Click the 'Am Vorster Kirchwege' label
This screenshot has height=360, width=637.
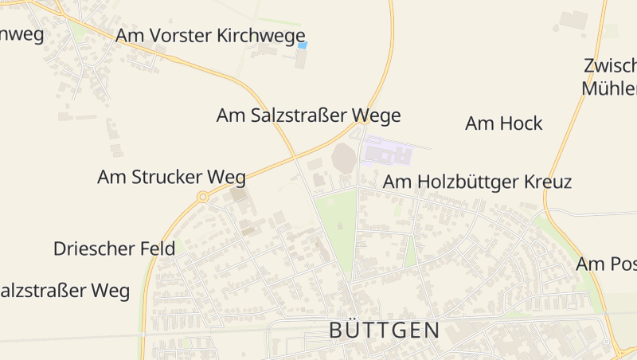coord(210,36)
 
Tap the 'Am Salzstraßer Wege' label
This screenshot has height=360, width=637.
coord(308,115)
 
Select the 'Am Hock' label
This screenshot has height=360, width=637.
coord(503,123)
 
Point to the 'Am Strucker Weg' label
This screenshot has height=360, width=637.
coord(171,177)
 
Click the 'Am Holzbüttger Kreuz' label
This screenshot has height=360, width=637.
coord(477,182)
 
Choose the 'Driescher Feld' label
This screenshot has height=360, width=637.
coord(114,248)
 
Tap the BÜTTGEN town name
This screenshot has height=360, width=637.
coord(385,331)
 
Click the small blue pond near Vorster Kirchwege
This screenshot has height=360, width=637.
coord(302,46)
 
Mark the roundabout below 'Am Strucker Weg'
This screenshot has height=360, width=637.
coord(203,196)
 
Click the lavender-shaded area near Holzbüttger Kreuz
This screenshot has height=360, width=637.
coord(385,151)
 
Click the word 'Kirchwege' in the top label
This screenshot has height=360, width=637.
coord(266,36)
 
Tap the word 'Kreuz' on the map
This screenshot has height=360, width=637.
coord(548,182)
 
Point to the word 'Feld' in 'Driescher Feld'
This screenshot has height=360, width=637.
coord(158,248)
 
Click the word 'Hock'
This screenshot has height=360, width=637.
coord(522,123)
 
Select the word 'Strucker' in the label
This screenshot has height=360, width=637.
coord(170,177)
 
